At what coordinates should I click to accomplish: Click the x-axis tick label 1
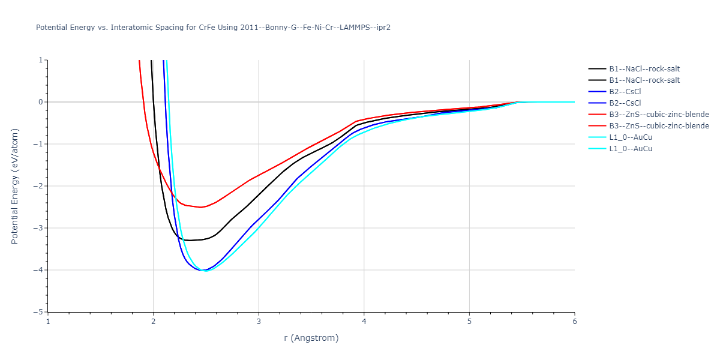[48, 321]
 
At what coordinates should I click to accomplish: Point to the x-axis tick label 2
[153, 321]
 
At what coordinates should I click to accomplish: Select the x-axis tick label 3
[259, 321]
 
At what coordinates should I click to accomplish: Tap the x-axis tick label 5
[469, 321]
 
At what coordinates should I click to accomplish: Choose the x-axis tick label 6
[574, 321]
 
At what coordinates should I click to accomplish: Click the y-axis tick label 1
[41, 60]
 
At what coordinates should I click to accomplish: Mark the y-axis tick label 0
[41, 102]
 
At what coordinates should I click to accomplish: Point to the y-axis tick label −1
[39, 144]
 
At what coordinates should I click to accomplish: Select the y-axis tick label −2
[39, 186]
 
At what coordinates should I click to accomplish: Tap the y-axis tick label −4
[39, 270]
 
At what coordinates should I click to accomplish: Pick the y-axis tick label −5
[39, 312]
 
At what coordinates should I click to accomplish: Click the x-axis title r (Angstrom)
[311, 338]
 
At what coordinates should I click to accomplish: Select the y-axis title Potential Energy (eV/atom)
[15, 185]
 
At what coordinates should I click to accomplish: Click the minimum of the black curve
[190, 240]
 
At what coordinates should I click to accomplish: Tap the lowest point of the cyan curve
[206, 271]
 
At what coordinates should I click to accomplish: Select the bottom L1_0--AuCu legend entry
[631, 149]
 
